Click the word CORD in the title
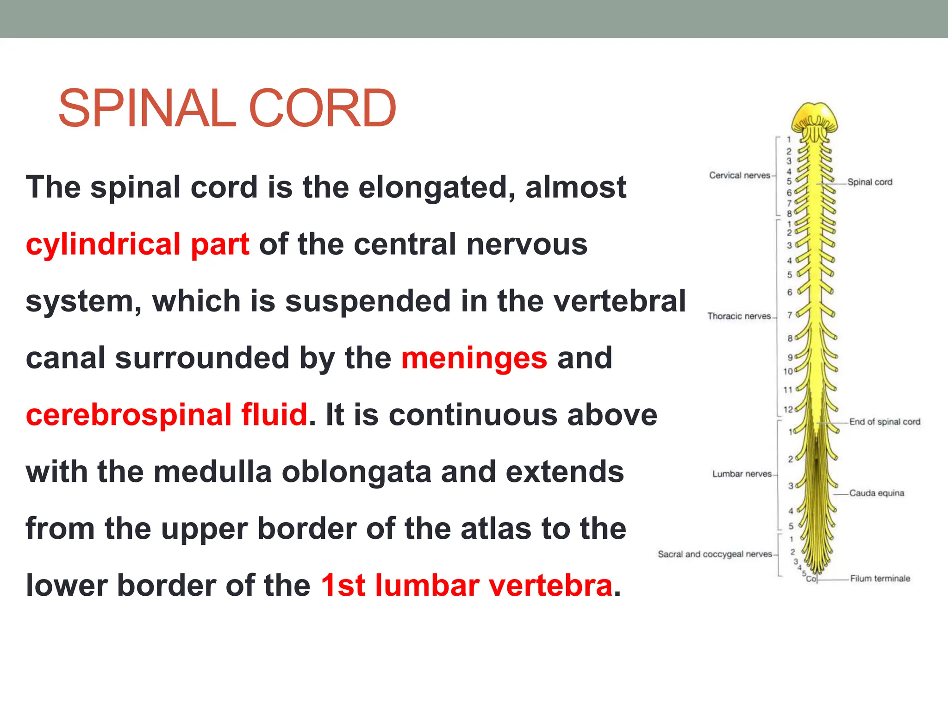tap(323, 109)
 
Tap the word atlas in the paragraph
tap(495, 529)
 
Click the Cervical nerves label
tap(739, 175)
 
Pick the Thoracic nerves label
tap(739, 316)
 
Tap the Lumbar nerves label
tap(742, 474)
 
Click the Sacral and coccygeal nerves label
tap(715, 554)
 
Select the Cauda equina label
tap(876, 493)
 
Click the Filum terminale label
tap(880, 579)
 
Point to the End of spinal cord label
tap(885, 422)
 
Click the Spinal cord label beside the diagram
tap(870, 182)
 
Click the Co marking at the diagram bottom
tap(811, 579)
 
